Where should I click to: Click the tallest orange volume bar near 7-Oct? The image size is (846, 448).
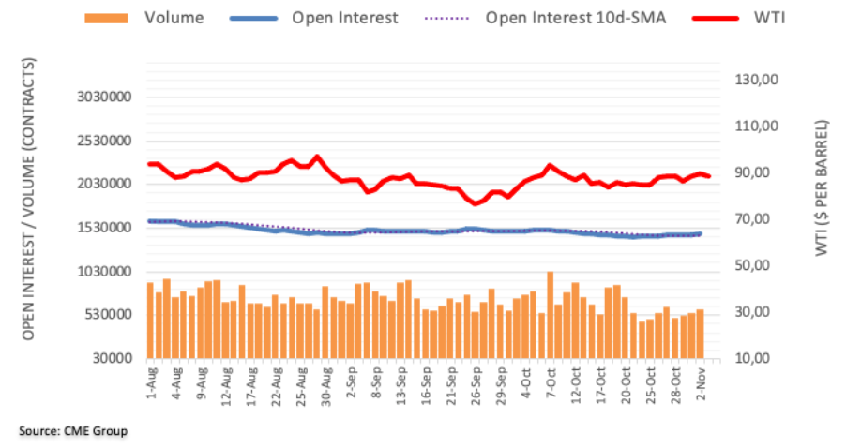(550, 315)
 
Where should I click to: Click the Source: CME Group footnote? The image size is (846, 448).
(71, 431)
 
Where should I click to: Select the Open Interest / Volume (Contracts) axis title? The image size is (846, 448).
(30, 199)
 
